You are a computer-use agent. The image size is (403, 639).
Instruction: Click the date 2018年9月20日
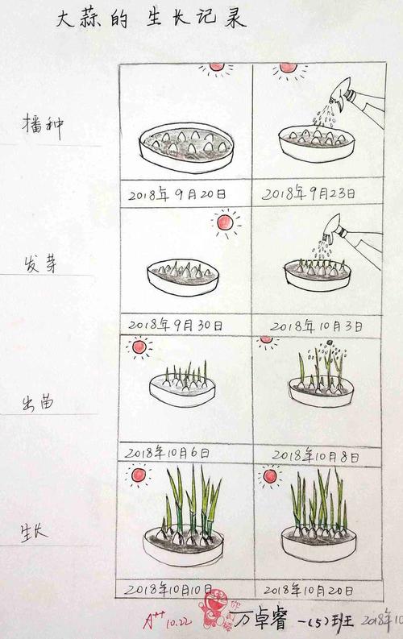tap(177, 194)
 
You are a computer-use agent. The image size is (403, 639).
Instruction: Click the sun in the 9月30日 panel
tap(226, 221)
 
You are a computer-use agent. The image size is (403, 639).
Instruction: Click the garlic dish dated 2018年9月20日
tap(186, 148)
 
